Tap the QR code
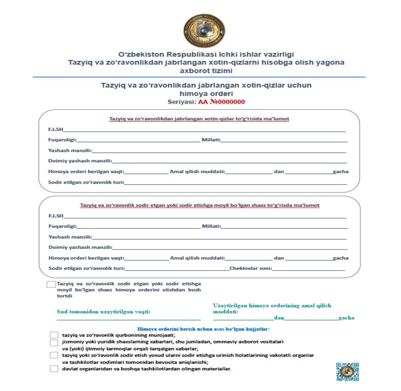point(347,372)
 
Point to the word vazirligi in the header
point(276,54)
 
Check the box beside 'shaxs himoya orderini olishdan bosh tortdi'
point(51,284)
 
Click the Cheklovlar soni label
point(250,268)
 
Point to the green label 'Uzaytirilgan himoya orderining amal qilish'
point(272,305)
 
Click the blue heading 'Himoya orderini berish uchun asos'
point(204,329)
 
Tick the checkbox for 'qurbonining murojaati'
point(54,336)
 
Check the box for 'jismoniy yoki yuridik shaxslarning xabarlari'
point(54,342)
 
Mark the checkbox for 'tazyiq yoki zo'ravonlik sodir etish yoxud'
point(54,355)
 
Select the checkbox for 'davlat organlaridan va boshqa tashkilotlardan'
point(54,368)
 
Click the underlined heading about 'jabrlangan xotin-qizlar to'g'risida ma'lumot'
point(199,119)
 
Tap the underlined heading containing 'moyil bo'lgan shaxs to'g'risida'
point(199,205)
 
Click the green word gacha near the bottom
point(346,318)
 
